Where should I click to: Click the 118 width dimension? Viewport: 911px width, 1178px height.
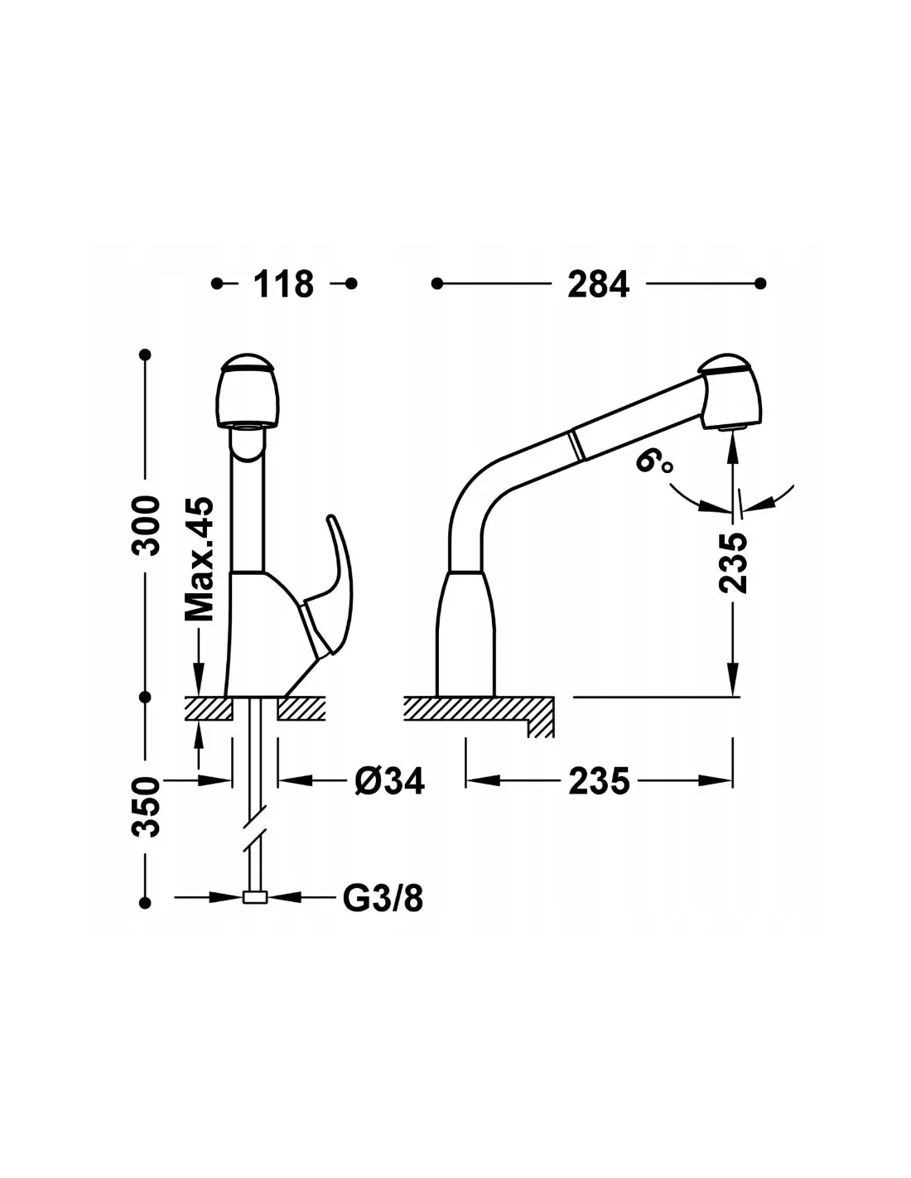point(283,283)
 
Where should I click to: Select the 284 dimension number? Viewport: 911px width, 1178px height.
point(598,283)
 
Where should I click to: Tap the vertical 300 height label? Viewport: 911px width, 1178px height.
point(147,524)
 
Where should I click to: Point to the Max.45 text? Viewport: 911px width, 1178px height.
point(199,559)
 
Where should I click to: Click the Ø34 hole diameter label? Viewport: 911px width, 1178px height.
point(389,780)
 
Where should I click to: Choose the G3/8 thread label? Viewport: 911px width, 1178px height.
point(383,898)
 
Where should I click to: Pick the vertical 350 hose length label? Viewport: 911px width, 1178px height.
point(147,807)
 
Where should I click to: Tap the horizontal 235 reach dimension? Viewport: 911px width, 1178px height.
point(600,781)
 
